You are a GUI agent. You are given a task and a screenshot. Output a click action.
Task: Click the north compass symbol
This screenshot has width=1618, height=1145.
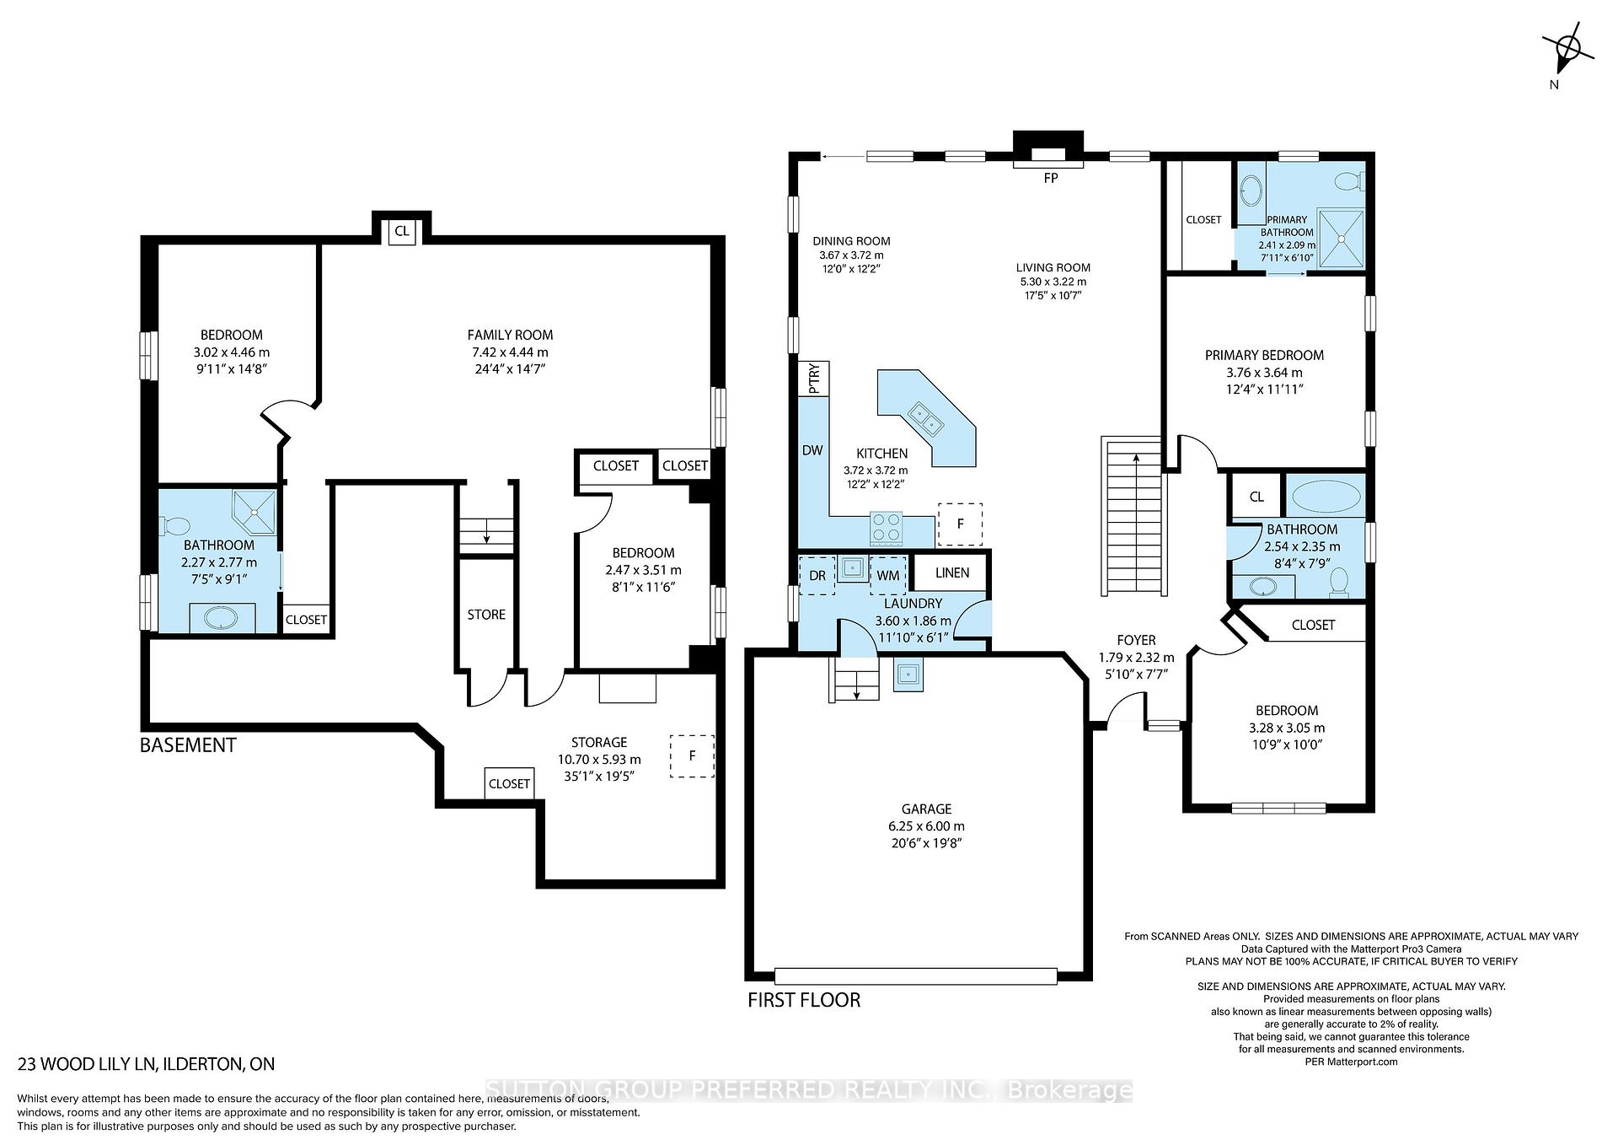pos(1568,52)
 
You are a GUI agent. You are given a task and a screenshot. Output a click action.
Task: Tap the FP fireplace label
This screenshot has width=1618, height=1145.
pos(1050,178)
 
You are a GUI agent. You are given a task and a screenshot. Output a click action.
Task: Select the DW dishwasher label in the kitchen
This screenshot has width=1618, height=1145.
pos(812,450)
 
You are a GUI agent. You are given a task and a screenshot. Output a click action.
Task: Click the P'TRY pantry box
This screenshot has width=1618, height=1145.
pos(814,379)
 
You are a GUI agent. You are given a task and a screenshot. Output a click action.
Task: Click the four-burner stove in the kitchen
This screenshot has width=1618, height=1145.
pos(886,529)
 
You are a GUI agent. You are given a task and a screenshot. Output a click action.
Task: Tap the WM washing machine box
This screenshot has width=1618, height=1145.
pos(888,575)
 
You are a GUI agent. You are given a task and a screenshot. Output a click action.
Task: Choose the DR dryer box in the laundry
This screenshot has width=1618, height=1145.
pos(817,575)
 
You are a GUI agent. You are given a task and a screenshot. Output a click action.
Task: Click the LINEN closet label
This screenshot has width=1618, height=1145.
pos(952,572)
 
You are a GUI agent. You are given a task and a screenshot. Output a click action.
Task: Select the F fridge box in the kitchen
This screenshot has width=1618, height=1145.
pos(960,524)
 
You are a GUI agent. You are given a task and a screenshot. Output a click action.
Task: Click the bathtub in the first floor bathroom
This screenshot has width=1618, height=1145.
pos(1326,495)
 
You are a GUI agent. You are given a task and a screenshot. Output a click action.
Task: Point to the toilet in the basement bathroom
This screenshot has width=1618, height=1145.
pos(175,526)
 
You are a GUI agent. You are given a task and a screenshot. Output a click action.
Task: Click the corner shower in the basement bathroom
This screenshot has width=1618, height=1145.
pos(254,513)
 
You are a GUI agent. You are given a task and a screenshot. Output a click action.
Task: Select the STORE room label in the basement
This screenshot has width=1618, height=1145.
pos(486,615)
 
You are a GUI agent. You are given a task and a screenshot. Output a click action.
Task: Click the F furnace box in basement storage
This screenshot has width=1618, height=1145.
pos(692,755)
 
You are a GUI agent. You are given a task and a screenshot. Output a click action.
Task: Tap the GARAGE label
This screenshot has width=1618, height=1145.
pos(926,809)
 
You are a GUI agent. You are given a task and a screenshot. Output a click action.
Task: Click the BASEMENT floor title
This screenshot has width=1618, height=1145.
pos(188,745)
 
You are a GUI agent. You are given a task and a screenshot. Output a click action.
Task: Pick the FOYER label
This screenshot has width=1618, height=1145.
pos(1136,640)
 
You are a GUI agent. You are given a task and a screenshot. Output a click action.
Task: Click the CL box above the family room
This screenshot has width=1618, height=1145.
pos(402,230)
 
